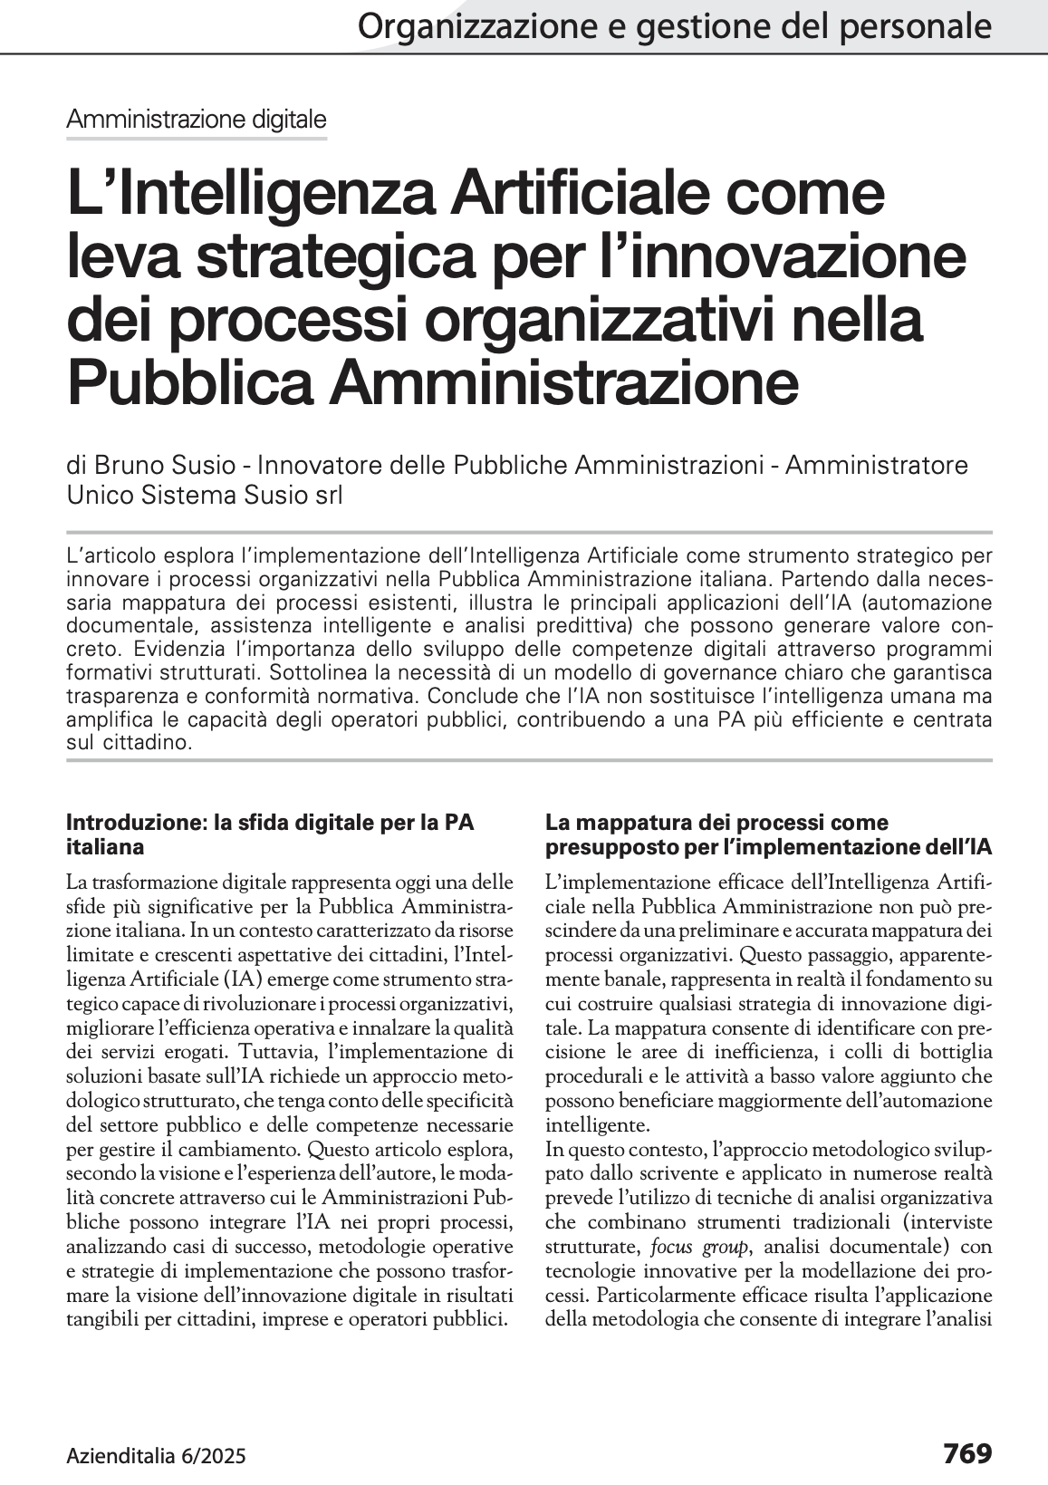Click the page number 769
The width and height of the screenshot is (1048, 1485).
point(967,1453)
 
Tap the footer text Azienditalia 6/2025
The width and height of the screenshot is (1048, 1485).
point(156,1456)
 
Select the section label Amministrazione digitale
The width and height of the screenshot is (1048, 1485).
point(197,119)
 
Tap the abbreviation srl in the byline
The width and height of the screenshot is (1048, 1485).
point(325,496)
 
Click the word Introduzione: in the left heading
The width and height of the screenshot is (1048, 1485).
point(137,823)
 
